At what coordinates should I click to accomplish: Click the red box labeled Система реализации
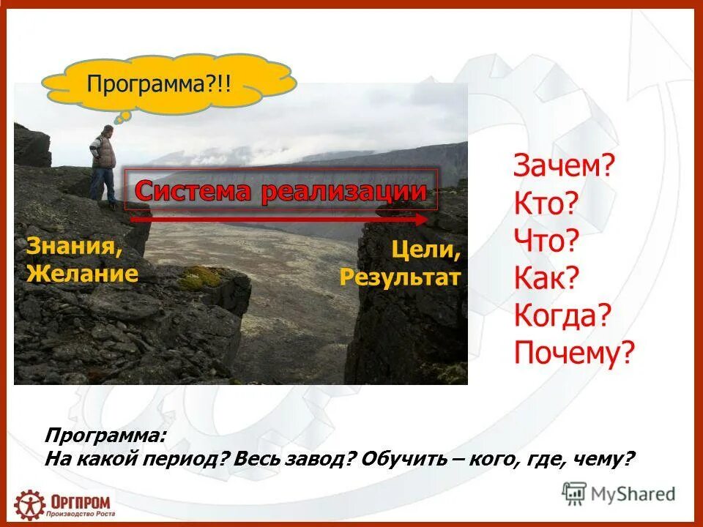(x=281, y=190)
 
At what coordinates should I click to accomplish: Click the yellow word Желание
(x=82, y=274)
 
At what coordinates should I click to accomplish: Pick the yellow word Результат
(x=400, y=277)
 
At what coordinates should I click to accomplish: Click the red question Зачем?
(x=564, y=167)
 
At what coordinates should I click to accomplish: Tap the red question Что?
(x=546, y=241)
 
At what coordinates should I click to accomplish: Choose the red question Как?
(x=546, y=278)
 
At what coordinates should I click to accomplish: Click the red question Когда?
(x=562, y=316)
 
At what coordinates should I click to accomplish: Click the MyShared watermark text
(x=633, y=494)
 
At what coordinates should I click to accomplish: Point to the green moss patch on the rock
(x=199, y=277)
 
